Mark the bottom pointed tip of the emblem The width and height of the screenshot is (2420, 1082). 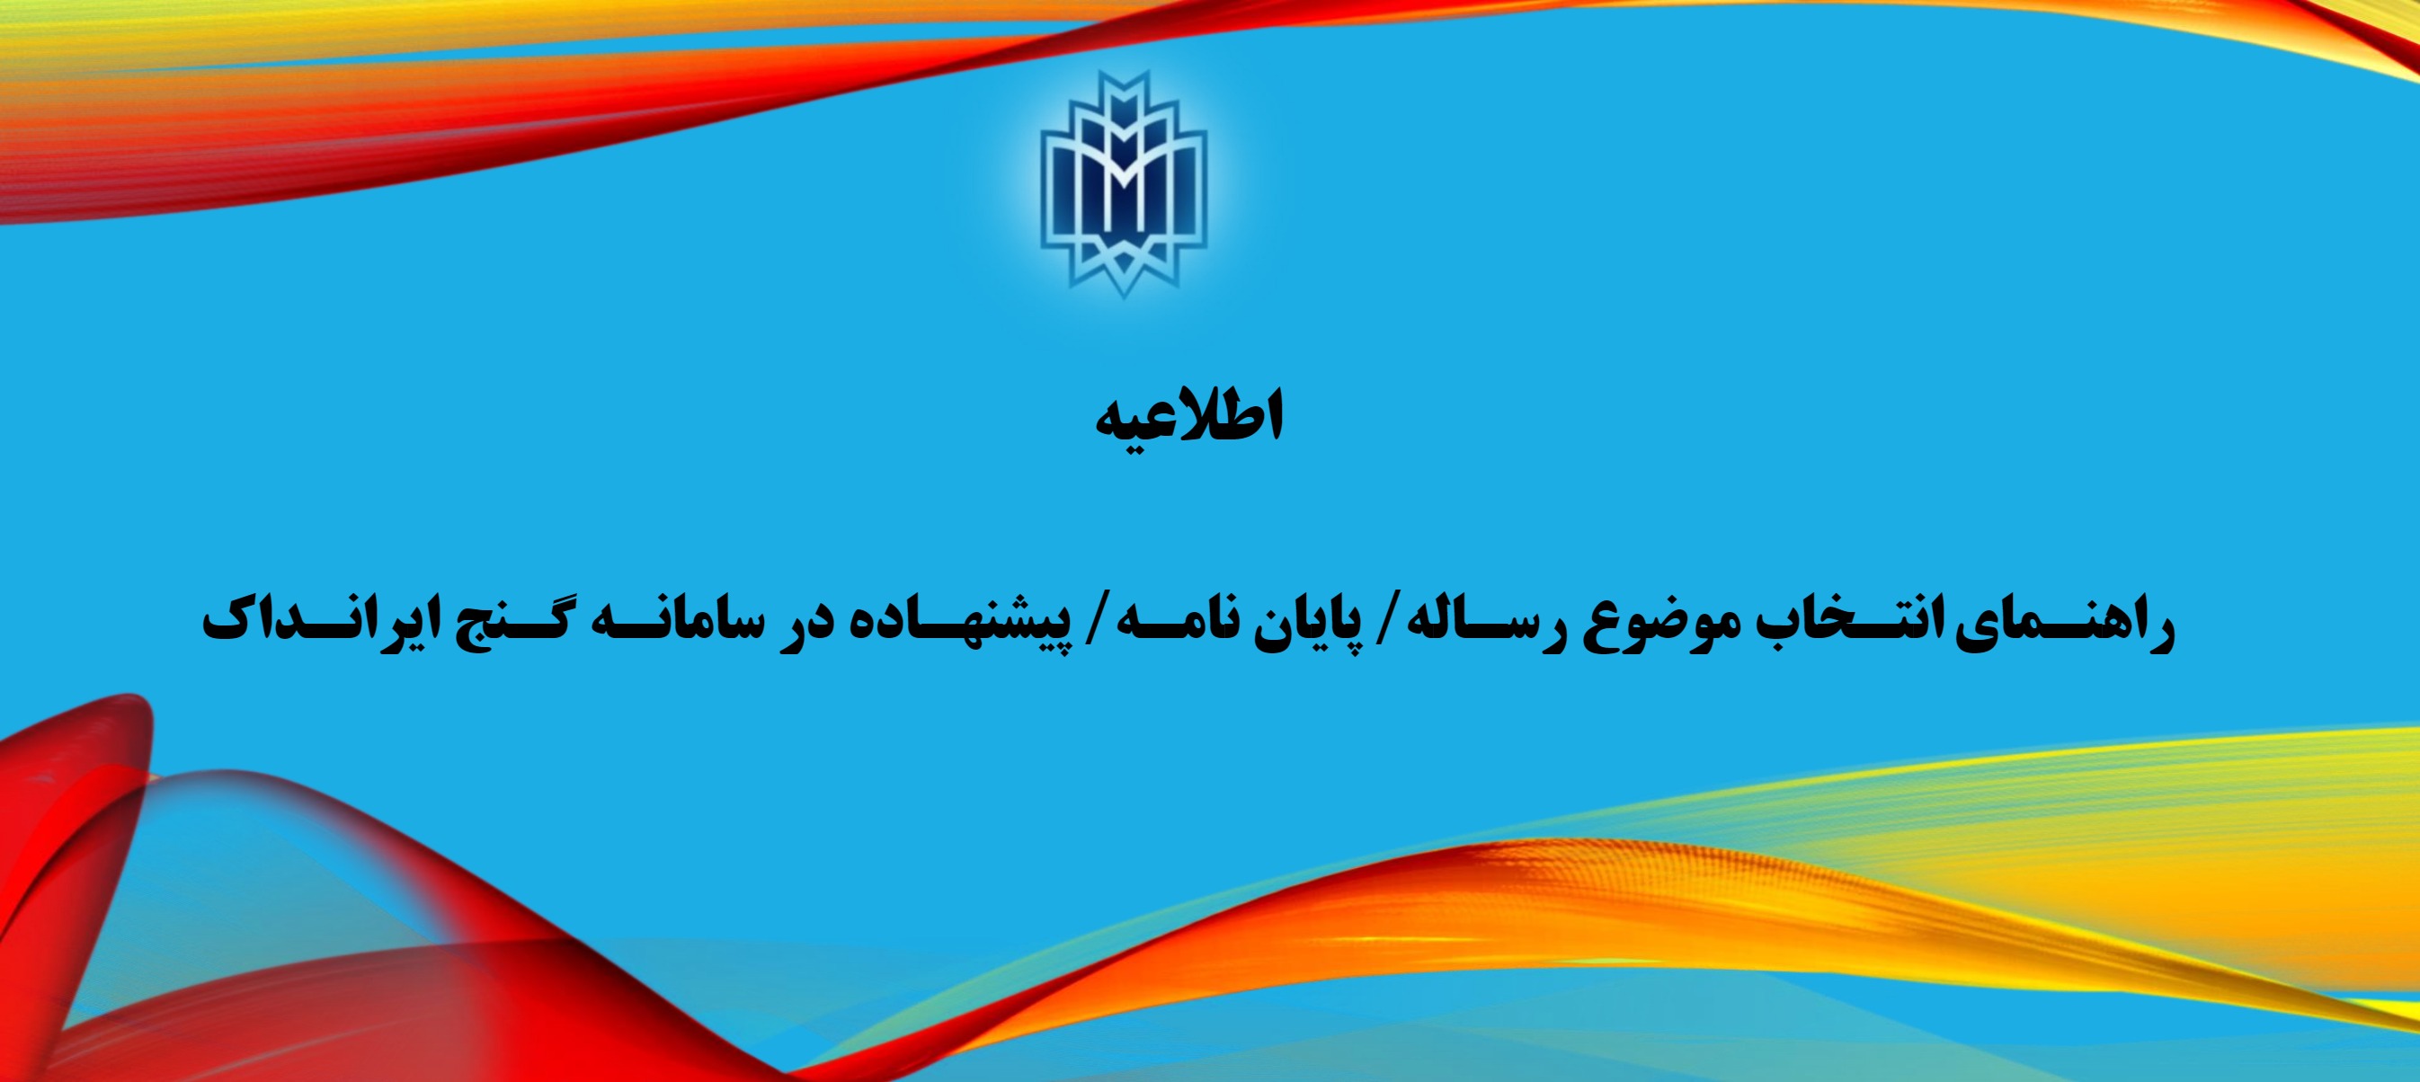(x=1124, y=298)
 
